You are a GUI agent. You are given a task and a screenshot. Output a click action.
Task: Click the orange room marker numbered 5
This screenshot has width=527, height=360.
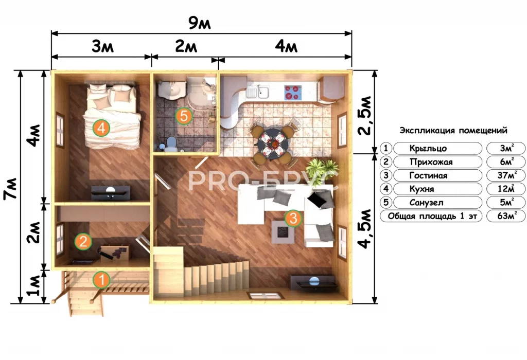[x=184, y=116]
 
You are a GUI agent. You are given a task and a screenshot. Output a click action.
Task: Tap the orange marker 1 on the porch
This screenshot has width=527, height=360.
[x=101, y=280]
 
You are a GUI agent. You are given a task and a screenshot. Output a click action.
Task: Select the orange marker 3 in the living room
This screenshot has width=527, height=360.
[x=293, y=218]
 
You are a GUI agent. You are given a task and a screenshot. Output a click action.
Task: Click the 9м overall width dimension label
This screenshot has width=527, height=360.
[x=199, y=24]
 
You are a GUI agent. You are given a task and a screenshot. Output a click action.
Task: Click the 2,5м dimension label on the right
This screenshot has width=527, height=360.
[x=365, y=116]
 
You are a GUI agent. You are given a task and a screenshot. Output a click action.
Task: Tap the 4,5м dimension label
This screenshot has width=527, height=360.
[x=365, y=229]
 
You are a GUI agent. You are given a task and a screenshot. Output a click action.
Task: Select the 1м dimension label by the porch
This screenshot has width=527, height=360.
[x=35, y=286]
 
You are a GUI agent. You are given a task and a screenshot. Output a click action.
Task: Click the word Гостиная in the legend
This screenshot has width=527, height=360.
[x=428, y=176]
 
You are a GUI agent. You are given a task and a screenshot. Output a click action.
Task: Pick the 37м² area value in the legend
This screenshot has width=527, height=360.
[x=507, y=175]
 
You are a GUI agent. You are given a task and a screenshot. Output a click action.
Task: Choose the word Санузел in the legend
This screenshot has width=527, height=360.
[x=426, y=203]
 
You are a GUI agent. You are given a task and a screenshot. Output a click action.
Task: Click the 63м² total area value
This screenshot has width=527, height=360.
[x=507, y=215]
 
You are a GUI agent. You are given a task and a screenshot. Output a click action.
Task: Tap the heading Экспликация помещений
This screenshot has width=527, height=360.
[x=453, y=130]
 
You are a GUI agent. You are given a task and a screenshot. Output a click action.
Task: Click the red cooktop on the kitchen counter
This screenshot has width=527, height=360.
[x=293, y=93]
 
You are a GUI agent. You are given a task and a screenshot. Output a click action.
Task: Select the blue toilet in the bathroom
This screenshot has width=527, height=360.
[x=171, y=143]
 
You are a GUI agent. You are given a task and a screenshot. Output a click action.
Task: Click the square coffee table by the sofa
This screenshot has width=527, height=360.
[x=283, y=231]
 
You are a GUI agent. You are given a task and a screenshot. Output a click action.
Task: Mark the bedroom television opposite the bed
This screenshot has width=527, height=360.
[x=111, y=192]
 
